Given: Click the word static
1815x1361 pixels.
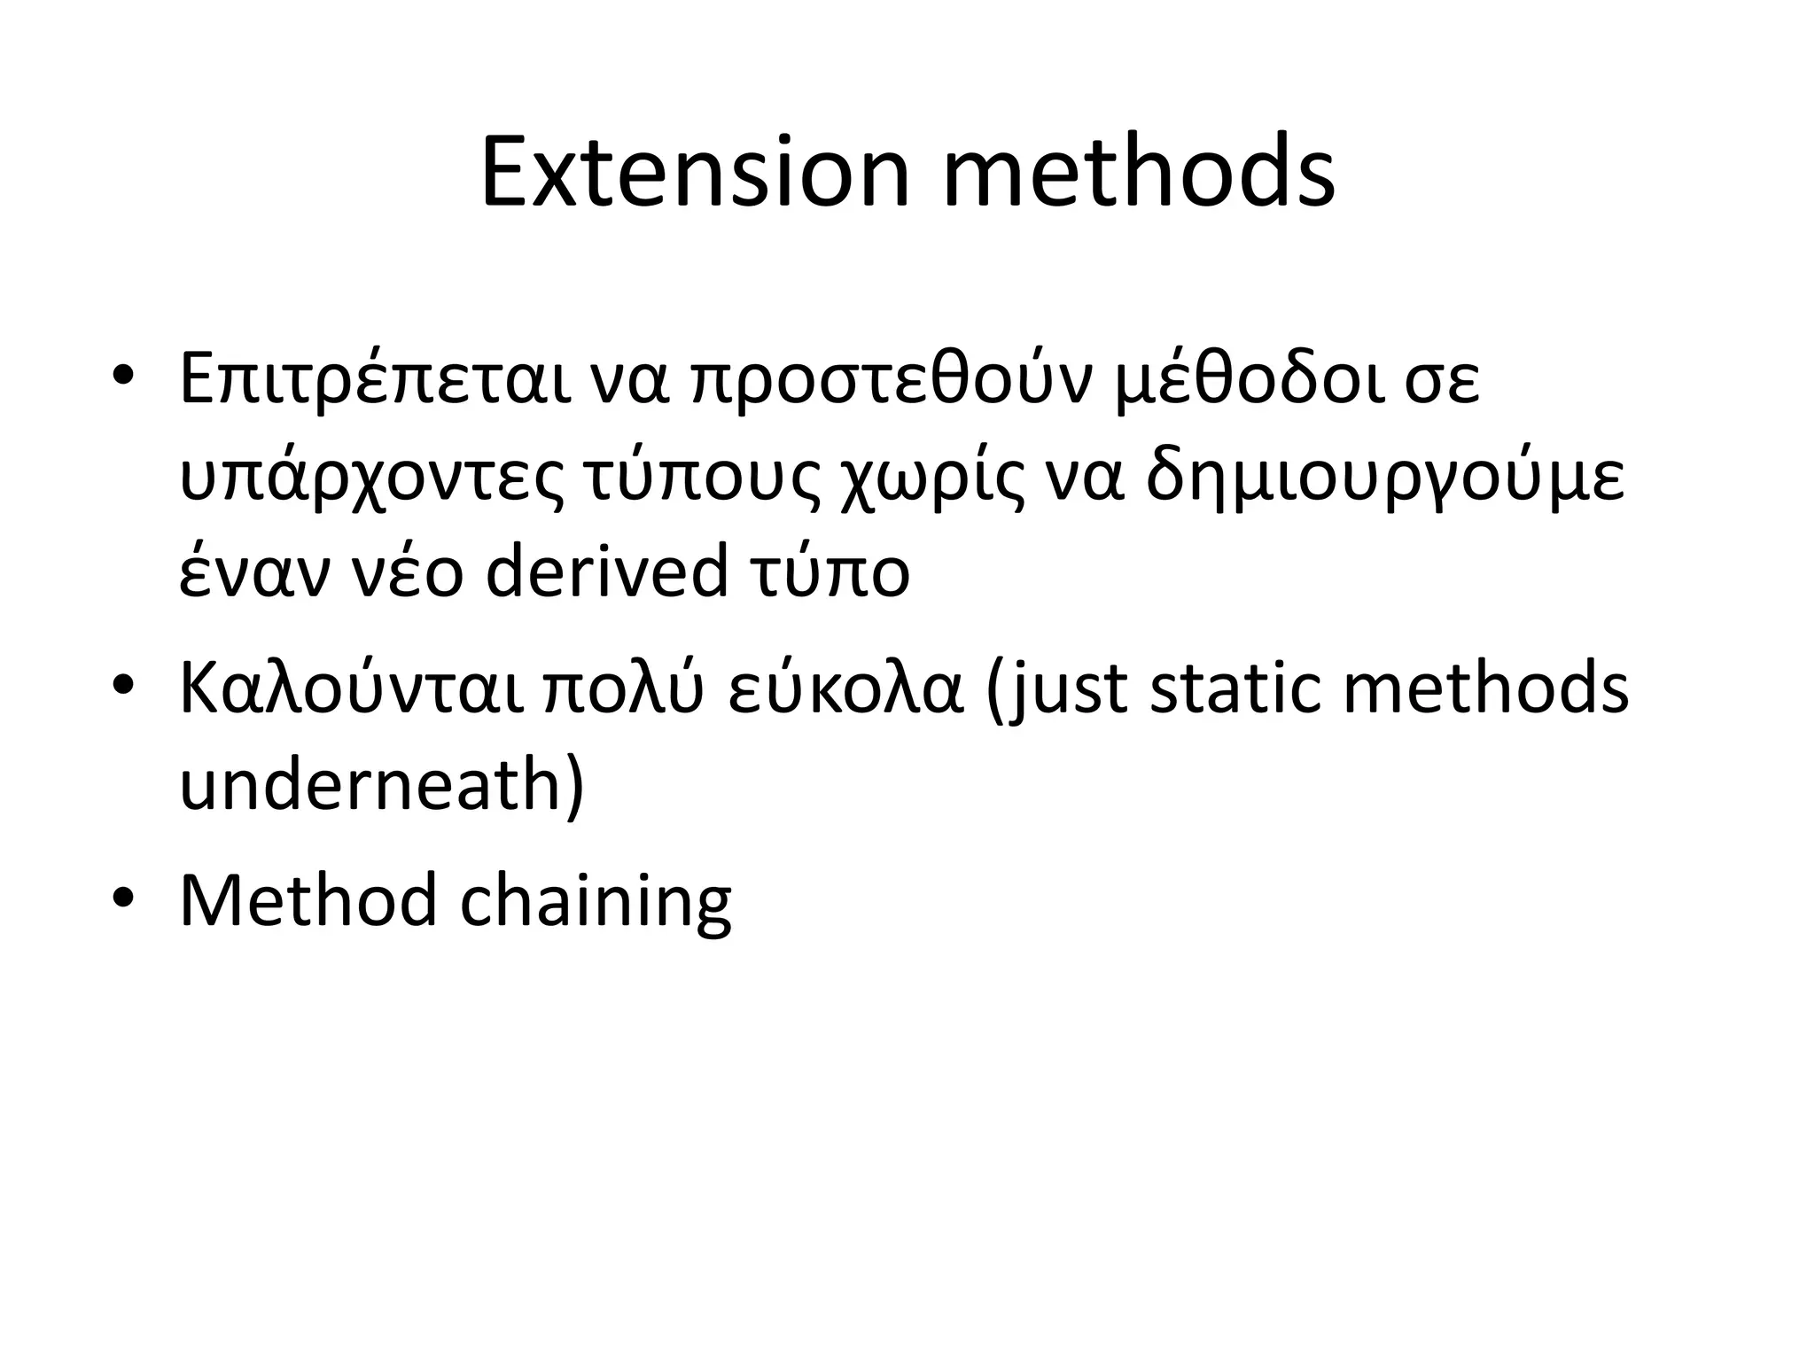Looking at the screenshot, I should (1238, 688).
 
